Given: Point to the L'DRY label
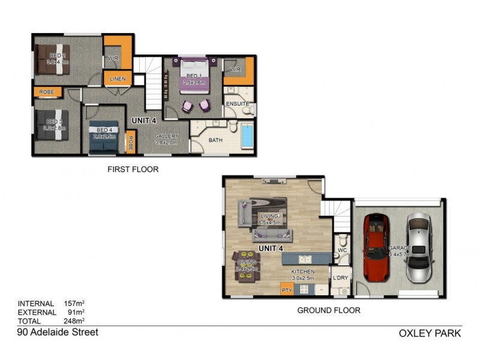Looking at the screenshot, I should click(x=340, y=278).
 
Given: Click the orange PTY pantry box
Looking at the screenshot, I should click(x=287, y=290).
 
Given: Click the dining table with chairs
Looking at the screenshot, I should click(x=247, y=263).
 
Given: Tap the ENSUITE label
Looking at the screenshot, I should click(x=237, y=104).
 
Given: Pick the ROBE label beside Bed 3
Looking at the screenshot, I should click(x=47, y=92).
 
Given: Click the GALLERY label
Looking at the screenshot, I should click(x=166, y=136).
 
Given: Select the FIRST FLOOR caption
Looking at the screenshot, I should click(x=133, y=170).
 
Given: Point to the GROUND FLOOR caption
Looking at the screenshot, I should click(x=329, y=310).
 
